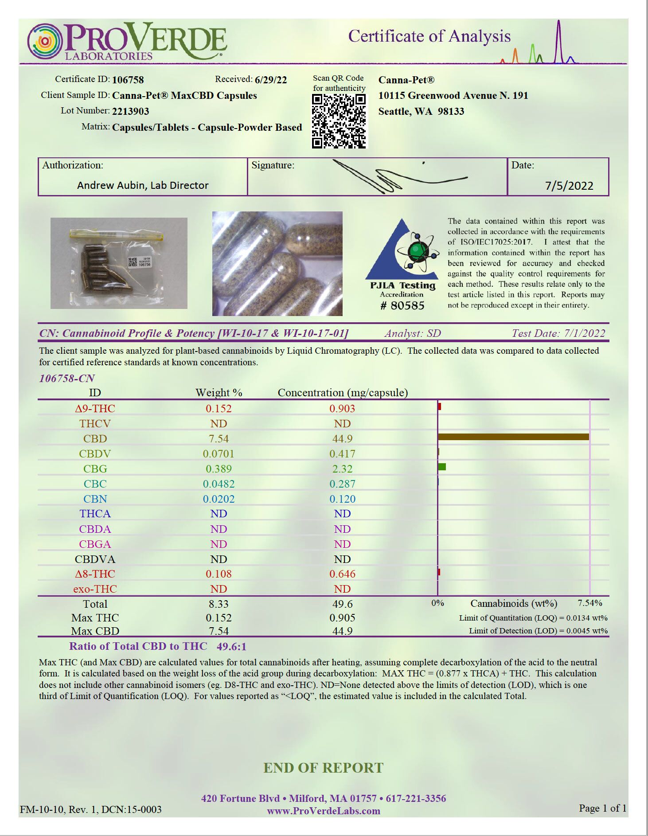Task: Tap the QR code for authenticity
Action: (339, 121)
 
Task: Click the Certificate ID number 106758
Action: (128, 80)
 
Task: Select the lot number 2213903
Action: (130, 111)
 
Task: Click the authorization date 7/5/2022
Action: (569, 186)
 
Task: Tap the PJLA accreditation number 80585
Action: (402, 305)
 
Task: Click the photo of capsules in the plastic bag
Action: (119, 263)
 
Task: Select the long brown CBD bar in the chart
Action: (513, 437)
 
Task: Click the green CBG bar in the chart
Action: (442, 467)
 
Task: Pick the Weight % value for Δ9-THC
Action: (219, 409)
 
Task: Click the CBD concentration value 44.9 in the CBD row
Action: (342, 439)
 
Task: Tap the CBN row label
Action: (95, 499)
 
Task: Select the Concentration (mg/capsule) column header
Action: (343, 393)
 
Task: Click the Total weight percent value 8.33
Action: (219, 604)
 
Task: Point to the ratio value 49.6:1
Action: (231, 647)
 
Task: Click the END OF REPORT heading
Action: (324, 768)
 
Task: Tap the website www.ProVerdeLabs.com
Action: (324, 811)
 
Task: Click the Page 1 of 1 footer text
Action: (602, 808)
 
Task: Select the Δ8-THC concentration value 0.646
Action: (342, 574)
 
